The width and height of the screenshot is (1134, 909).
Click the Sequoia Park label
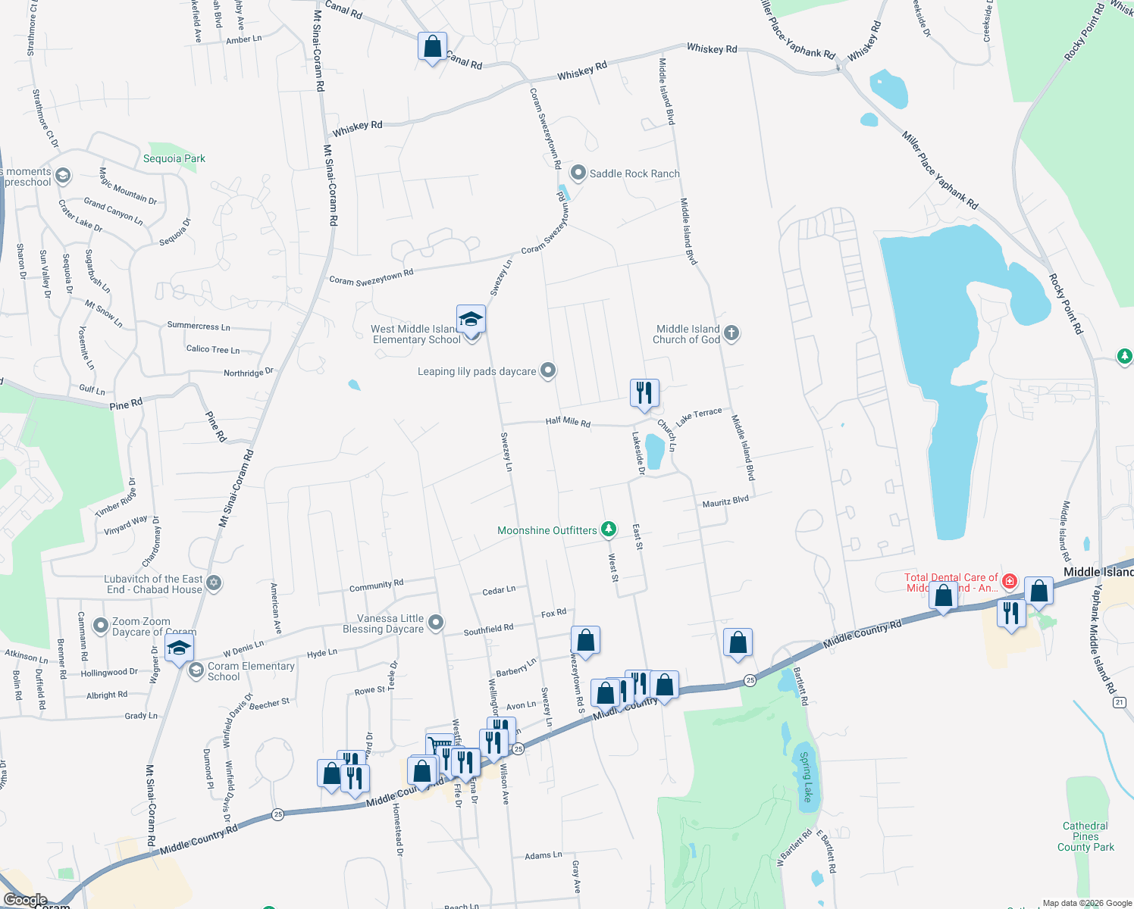pyautogui.click(x=174, y=158)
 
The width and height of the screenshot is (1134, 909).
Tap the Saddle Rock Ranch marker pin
pyautogui.click(x=578, y=173)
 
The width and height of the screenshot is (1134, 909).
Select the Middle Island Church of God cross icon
pyautogui.click(x=731, y=333)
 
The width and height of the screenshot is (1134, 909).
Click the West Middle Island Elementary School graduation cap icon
pyautogui.click(x=471, y=318)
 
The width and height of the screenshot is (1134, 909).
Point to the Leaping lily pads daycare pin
pyautogui.click(x=549, y=370)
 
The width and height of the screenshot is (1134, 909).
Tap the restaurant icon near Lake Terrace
pyautogui.click(x=644, y=392)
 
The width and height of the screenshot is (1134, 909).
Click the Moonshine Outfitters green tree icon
pyautogui.click(x=609, y=529)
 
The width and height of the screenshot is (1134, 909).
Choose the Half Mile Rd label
pyautogui.click(x=568, y=421)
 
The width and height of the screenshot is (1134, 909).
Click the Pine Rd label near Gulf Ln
pyautogui.click(x=126, y=405)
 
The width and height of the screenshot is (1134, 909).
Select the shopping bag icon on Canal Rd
pyautogui.click(x=432, y=46)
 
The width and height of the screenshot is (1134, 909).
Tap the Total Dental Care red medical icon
pyautogui.click(x=1009, y=581)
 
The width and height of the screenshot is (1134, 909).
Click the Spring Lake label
pyautogui.click(x=806, y=776)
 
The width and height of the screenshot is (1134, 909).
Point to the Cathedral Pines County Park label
pyautogui.click(x=1085, y=836)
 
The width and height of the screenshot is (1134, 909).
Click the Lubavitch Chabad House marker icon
pyautogui.click(x=214, y=583)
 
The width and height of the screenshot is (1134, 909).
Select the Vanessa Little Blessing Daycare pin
pyautogui.click(x=435, y=623)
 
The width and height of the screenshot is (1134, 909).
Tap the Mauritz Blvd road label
pyautogui.click(x=725, y=501)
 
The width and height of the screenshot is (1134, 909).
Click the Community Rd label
pyautogui.click(x=376, y=586)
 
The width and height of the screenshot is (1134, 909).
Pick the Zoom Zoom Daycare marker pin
pyautogui.click(x=101, y=626)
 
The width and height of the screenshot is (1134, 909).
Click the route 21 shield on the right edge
pyautogui.click(x=1119, y=702)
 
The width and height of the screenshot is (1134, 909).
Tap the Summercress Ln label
pyautogui.click(x=199, y=326)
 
